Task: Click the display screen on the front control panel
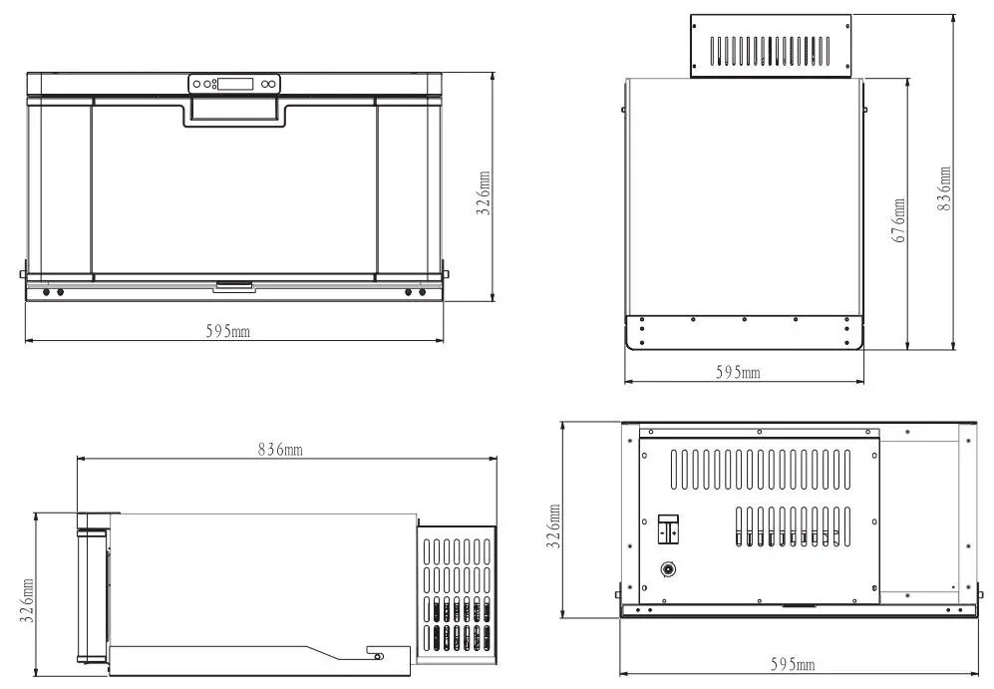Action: pyautogui.click(x=234, y=85)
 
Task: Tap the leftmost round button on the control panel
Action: pyautogui.click(x=196, y=85)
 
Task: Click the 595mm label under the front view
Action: pyautogui.click(x=228, y=331)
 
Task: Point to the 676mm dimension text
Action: pyautogui.click(x=899, y=221)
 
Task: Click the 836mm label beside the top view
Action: pyautogui.click(x=944, y=187)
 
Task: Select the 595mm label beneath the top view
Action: pyautogui.click(x=738, y=372)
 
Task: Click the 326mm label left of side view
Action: pyautogui.click(x=28, y=601)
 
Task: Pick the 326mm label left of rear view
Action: pyautogui.click(x=554, y=526)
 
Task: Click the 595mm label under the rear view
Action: pyautogui.click(x=794, y=664)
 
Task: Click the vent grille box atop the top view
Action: pyautogui.click(x=771, y=46)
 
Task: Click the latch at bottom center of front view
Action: pyautogui.click(x=234, y=285)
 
